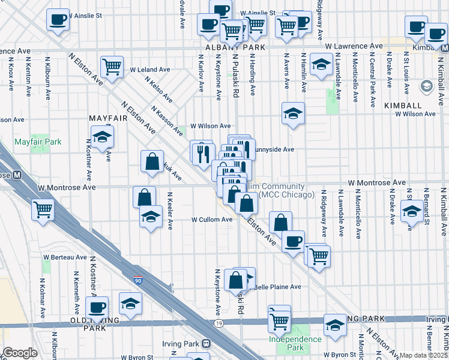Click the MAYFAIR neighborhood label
coord(108,118)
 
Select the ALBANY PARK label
coord(227,47)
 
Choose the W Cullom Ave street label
coord(212,220)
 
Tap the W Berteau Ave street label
coord(65,257)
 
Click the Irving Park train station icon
coord(206,344)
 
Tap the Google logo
coord(20,353)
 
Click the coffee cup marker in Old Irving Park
coord(97,308)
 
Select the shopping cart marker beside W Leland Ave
coord(112,68)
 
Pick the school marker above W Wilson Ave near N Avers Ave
coord(293,113)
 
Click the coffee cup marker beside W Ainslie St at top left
coord(58,19)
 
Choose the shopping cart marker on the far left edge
coord(43,211)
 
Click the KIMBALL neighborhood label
coord(403,105)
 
